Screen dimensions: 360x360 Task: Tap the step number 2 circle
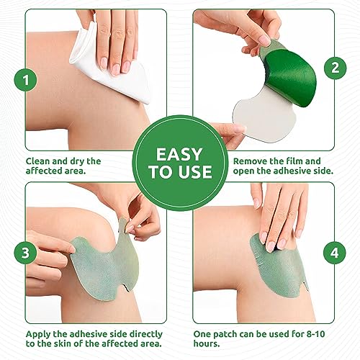pyautogui.click(x=333, y=68)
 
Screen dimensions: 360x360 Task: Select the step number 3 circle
pyautogui.click(x=27, y=253)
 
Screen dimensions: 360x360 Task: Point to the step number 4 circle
pyautogui.click(x=333, y=254)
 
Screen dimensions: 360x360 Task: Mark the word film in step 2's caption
pyautogui.click(x=304, y=161)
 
